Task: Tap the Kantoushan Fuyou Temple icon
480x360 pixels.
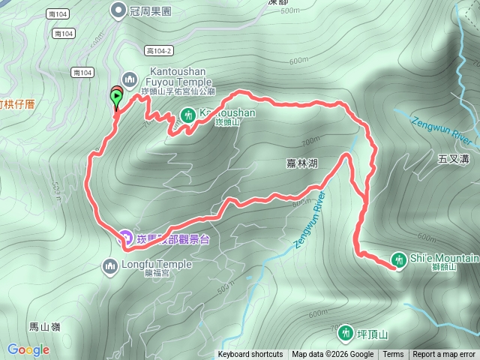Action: [129, 78]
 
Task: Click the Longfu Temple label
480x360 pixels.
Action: [157, 265]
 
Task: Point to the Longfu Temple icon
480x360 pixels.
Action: [110, 265]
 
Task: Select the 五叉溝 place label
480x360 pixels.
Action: [452, 159]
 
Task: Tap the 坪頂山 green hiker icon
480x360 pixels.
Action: [345, 331]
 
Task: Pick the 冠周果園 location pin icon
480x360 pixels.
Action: [118, 10]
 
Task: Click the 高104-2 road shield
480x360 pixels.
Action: [159, 49]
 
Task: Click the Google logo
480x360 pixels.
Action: [28, 349]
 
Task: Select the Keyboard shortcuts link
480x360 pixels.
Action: [250, 355]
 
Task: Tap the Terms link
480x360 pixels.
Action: [393, 355]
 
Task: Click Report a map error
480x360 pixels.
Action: [444, 355]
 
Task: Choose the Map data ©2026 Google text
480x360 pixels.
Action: [333, 355]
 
